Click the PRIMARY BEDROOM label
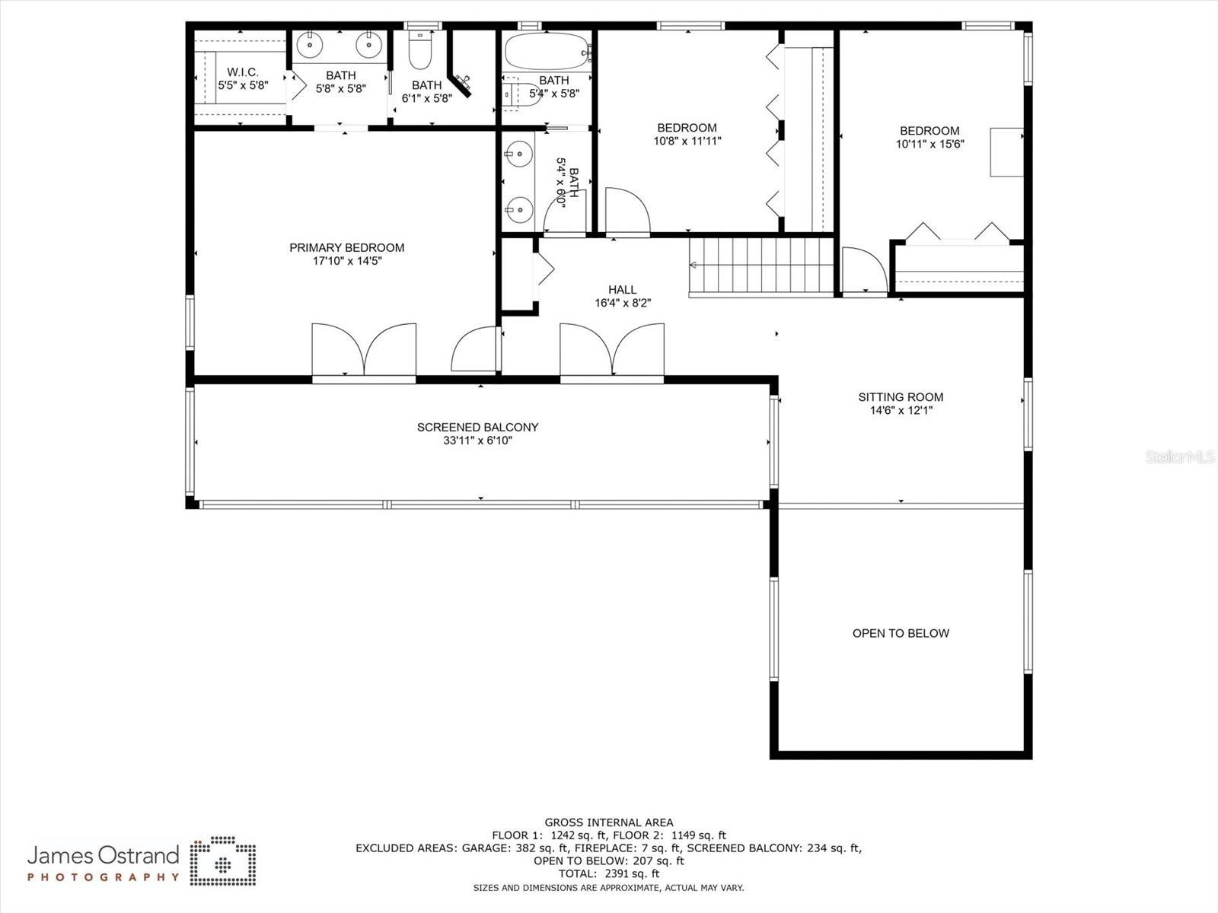pos(346,247)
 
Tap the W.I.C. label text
pos(243,72)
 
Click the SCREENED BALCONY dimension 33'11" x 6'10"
pos(477,441)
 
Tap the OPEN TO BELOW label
pos(901,633)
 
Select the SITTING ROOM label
pos(901,396)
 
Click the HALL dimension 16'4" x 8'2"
pos(623,303)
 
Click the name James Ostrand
pos(103,856)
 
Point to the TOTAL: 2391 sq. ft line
pos(608,874)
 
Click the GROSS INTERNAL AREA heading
pos(608,822)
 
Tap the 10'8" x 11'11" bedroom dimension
pos(687,141)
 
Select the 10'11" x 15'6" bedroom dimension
pos(929,144)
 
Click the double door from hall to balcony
pos(612,351)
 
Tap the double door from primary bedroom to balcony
pos(364,351)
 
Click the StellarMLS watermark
pos(1180,457)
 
